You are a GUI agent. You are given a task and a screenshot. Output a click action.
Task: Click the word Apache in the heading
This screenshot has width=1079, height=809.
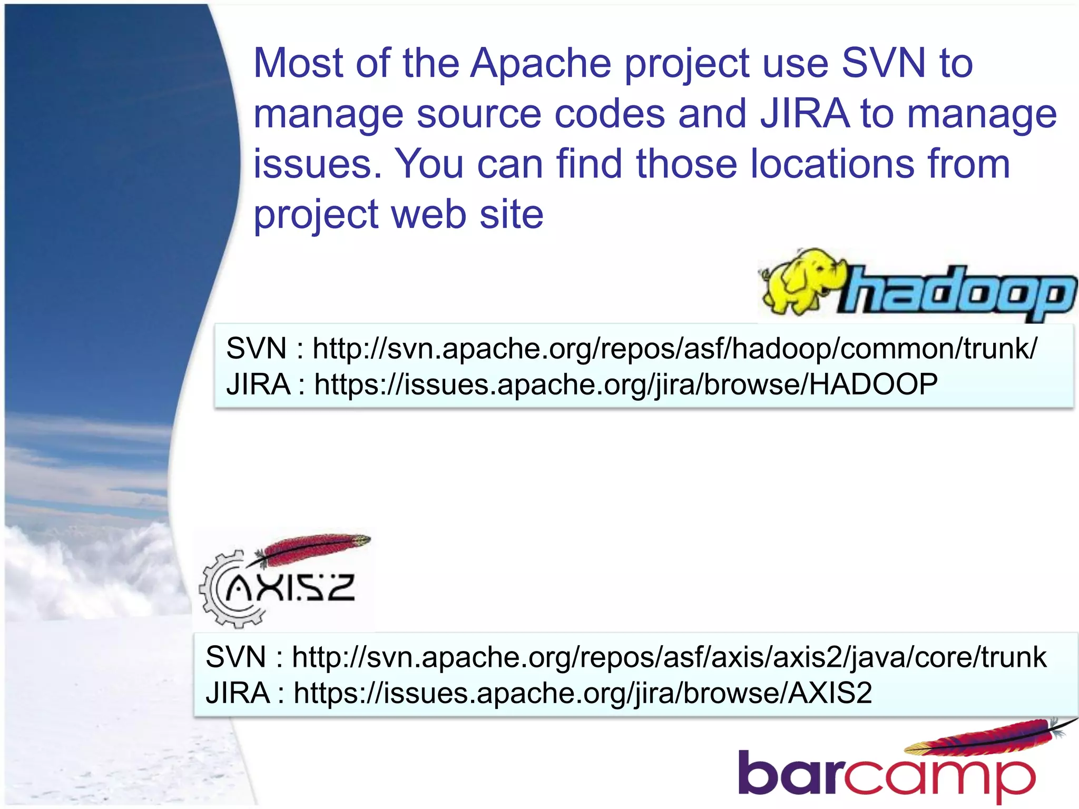click(x=540, y=63)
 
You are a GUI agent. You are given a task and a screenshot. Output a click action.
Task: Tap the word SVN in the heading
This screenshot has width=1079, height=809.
click(x=883, y=63)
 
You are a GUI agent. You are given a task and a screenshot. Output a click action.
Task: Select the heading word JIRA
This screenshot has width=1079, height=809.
click(x=805, y=114)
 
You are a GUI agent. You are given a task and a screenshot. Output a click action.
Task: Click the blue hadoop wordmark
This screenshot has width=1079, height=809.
click(x=959, y=292)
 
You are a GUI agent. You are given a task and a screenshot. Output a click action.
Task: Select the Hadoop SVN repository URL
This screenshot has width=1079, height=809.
click(x=674, y=349)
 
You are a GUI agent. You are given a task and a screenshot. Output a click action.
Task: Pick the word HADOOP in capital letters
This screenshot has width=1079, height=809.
click(x=873, y=384)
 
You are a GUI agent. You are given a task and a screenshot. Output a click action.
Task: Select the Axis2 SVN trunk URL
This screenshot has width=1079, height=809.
click(x=669, y=657)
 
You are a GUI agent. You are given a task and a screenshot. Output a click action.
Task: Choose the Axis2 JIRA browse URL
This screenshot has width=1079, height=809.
click(x=582, y=693)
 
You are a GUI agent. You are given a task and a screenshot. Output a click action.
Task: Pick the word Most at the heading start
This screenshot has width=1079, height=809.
click(x=298, y=63)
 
